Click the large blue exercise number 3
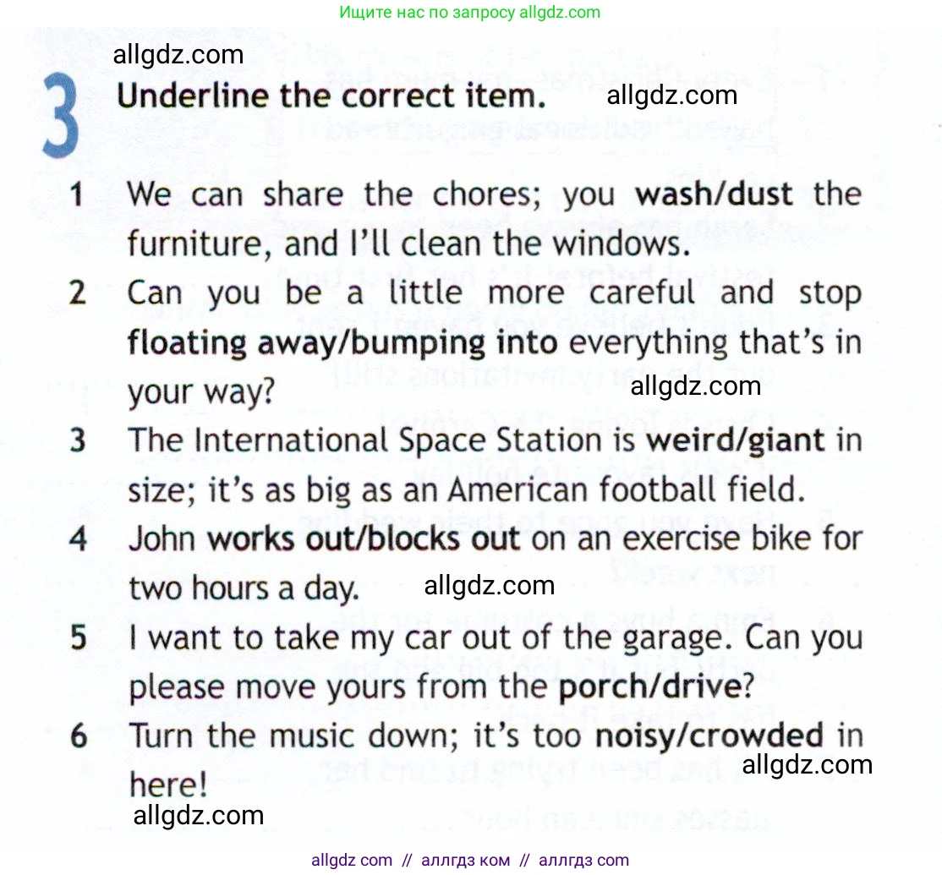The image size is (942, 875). (x=61, y=116)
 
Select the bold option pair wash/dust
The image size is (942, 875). (x=714, y=194)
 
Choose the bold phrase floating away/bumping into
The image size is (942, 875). (x=342, y=343)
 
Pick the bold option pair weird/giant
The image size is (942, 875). (x=735, y=440)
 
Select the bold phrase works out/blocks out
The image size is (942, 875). (x=364, y=539)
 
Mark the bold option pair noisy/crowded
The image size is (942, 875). (x=709, y=736)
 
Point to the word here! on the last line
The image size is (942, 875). (x=167, y=785)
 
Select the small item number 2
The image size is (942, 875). (x=78, y=294)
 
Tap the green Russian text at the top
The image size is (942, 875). (x=470, y=12)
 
